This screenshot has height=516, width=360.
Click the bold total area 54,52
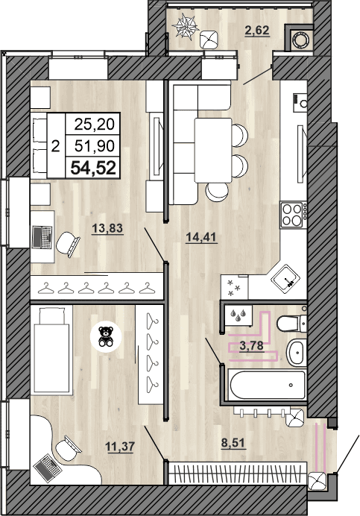93,168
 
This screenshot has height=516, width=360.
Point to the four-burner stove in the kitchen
293,215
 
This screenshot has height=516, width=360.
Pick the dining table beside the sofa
213,148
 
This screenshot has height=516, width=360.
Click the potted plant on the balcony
186,28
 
